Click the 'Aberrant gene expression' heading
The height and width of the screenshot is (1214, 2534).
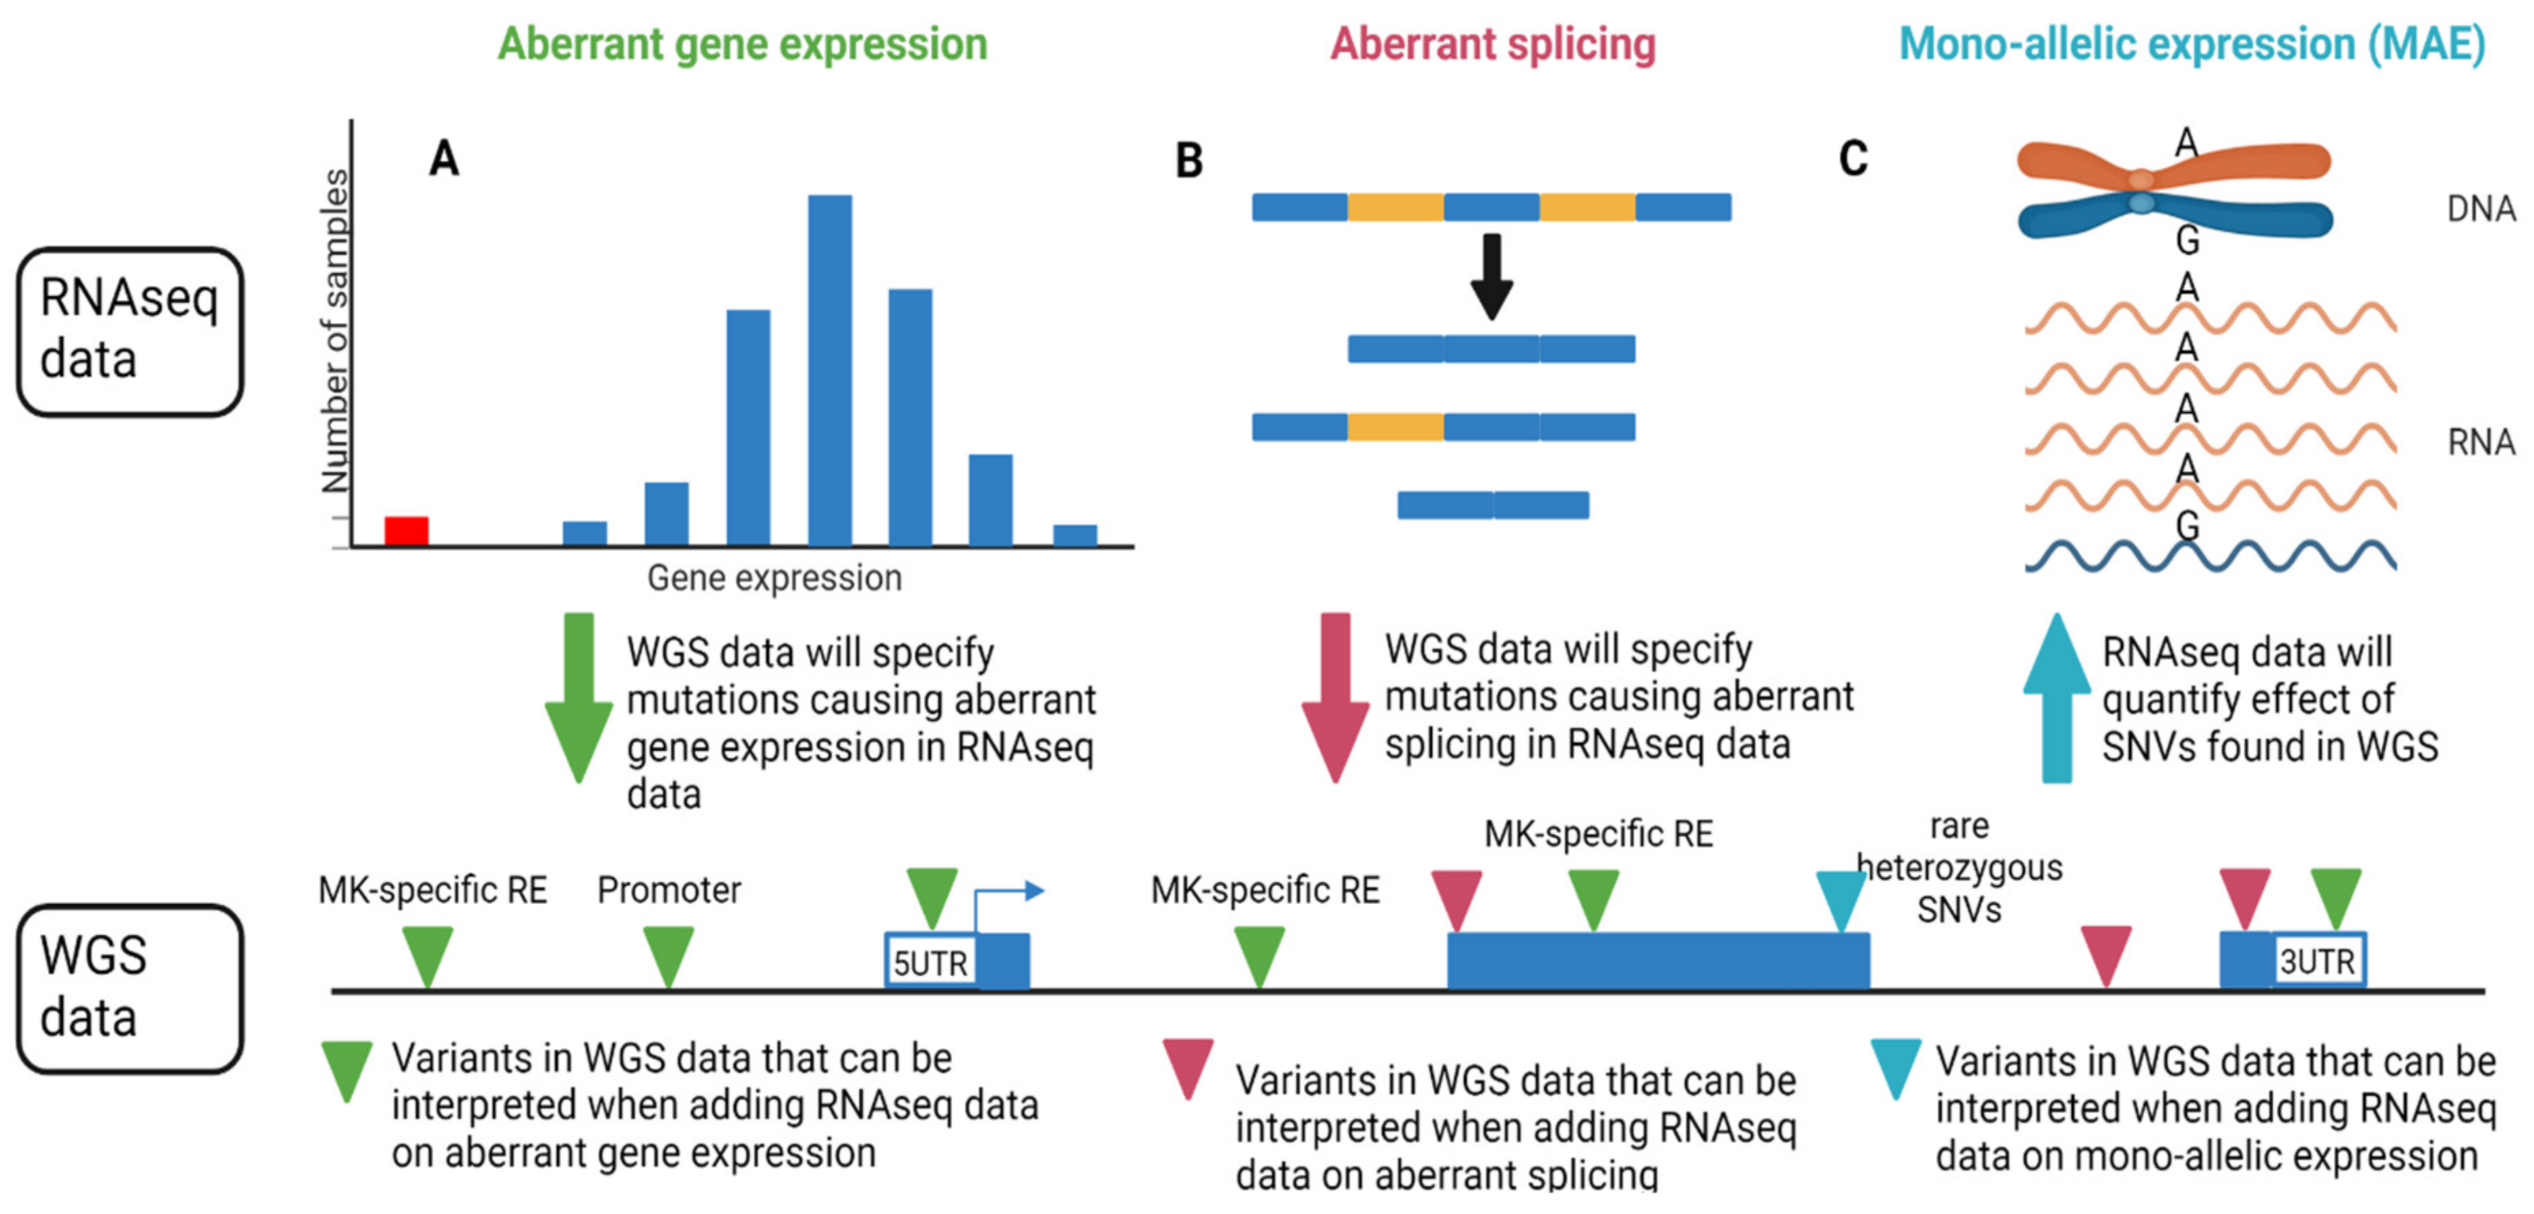742,44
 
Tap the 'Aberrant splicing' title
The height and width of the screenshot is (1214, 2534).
1493,44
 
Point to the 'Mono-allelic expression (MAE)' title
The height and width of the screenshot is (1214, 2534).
2191,44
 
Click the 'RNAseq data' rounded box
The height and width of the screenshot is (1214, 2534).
130,332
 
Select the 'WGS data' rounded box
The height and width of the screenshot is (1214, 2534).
130,988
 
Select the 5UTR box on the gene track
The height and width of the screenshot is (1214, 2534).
930,961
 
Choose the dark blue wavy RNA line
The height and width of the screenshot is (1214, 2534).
2210,556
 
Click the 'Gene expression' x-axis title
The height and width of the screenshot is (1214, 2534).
775,578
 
